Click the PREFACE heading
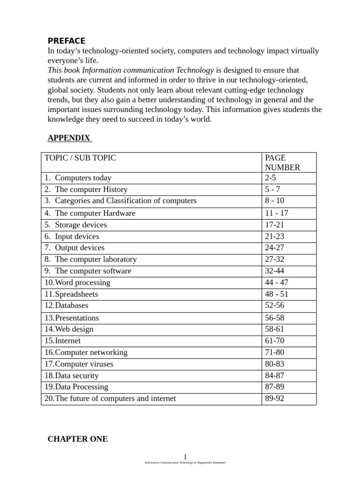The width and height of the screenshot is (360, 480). point(67,41)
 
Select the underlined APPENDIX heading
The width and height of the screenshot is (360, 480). point(69,138)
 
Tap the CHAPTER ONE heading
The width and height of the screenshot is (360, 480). point(77,439)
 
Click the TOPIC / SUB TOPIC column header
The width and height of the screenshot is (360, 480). point(80,158)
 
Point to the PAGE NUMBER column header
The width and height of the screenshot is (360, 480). point(282,163)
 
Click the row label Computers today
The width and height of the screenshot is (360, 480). point(83,178)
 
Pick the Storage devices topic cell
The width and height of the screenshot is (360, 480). point(81,225)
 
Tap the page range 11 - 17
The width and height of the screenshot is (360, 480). point(277,213)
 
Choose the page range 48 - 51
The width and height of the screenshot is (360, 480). point(277,294)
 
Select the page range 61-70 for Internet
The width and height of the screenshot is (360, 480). point(274,341)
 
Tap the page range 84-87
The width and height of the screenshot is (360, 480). point(274,375)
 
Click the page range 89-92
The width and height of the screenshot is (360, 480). point(274,398)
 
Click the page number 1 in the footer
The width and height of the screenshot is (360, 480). point(185,457)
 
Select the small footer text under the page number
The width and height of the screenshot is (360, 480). point(185,463)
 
